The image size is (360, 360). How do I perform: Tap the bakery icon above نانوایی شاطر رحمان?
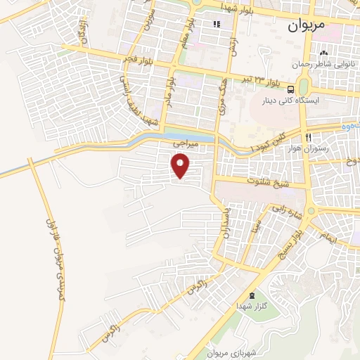pyautogui.click(x=324, y=53)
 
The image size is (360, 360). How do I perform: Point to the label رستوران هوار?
pyautogui.click(x=309, y=148)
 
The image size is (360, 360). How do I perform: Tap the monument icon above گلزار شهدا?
pyautogui.click(x=252, y=295)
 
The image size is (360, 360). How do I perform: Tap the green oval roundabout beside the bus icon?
pyautogui.click(x=304, y=86)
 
